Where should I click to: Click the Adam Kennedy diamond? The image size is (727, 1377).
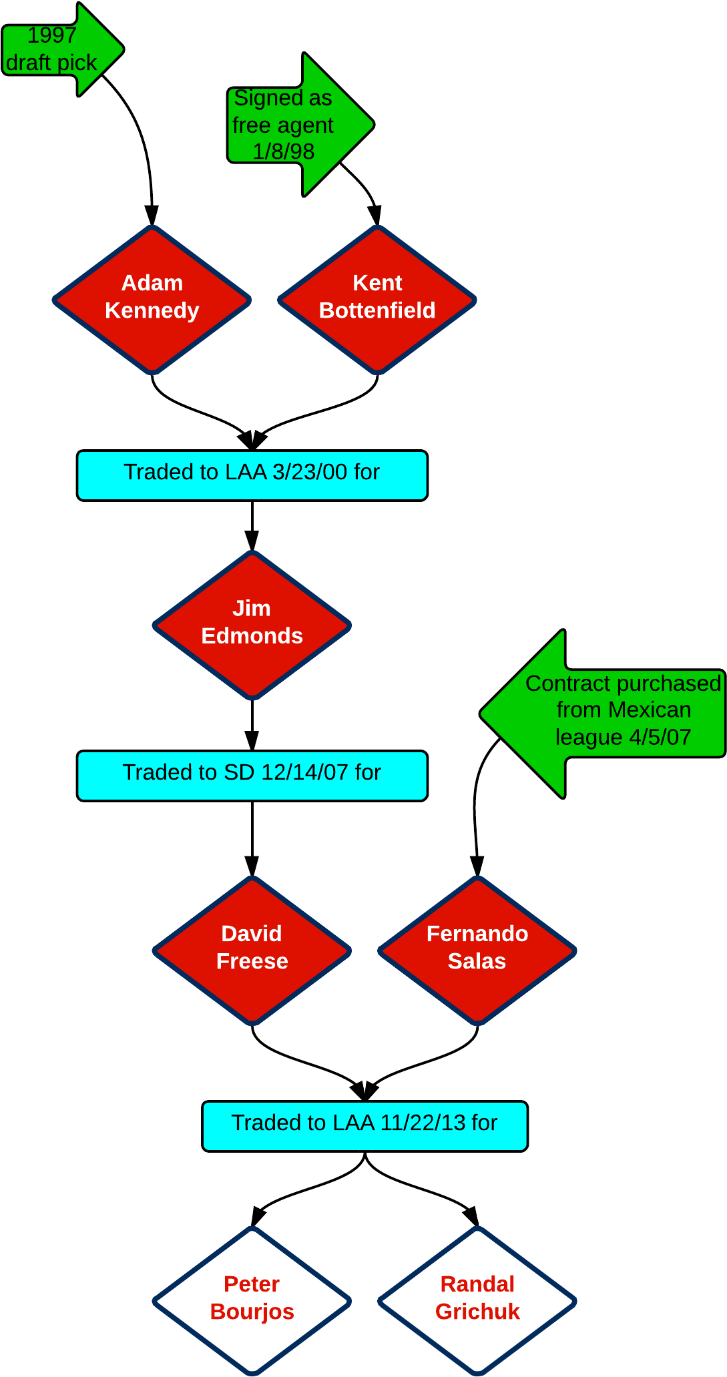click(x=152, y=299)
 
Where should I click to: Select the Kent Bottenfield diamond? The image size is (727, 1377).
click(x=377, y=299)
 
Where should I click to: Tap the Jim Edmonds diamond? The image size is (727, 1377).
click(x=252, y=625)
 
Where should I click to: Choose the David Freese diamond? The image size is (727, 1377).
click(x=252, y=950)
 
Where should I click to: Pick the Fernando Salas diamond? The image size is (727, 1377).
click(x=477, y=950)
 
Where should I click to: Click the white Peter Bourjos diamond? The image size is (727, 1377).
click(x=252, y=1300)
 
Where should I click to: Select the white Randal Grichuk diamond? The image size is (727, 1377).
click(x=477, y=1300)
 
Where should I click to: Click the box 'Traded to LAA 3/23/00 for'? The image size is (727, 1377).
click(x=252, y=475)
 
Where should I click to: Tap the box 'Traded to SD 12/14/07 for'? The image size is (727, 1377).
click(x=252, y=776)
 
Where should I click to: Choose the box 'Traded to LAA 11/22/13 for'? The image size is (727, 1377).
click(x=365, y=1126)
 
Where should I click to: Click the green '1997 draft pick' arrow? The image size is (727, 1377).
click(x=63, y=49)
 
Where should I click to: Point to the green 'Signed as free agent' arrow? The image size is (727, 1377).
click(x=300, y=124)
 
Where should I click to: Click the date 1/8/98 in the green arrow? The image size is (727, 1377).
click(x=284, y=152)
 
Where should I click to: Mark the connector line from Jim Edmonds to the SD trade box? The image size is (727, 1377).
click(x=252, y=725)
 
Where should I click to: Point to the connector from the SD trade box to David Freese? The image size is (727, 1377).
click(x=252, y=838)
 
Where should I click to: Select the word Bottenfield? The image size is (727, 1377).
click(x=377, y=310)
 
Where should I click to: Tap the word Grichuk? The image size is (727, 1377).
click(x=477, y=1312)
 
